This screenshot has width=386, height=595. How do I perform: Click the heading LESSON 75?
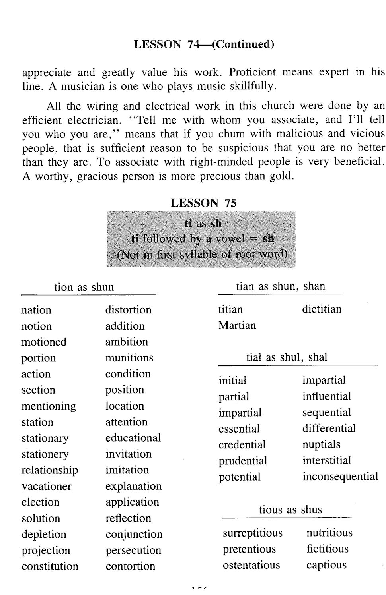203,203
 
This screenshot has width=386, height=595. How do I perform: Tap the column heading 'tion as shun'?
84,287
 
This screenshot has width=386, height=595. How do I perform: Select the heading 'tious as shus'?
290,510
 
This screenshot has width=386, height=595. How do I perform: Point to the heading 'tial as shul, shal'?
287,357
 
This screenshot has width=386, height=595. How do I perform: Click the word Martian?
237,325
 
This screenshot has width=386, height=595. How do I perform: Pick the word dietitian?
322,309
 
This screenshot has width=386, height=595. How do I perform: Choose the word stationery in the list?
45,454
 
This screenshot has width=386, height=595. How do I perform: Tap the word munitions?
129,358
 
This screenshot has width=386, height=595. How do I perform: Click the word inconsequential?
340,477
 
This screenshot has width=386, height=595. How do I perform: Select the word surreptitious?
252,533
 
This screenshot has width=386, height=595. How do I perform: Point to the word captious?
326,565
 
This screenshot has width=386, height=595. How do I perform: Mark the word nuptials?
321,444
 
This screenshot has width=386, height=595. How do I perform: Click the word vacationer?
47,486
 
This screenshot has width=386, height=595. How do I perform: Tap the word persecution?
133,550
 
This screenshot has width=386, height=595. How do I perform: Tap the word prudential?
243,461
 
